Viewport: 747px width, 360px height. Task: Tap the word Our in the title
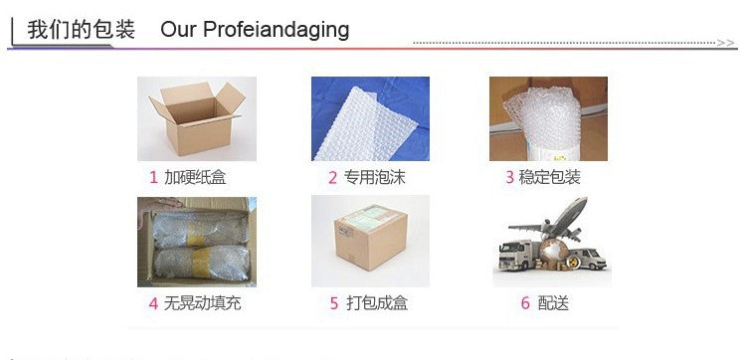(x=179, y=29)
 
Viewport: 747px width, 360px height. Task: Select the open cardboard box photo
(x=197, y=118)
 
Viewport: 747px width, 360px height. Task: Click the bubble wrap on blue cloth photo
(x=370, y=118)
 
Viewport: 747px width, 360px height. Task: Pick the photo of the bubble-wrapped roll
(x=548, y=118)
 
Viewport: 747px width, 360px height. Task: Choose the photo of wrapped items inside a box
(x=197, y=242)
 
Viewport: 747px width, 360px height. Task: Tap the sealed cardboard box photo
(x=370, y=242)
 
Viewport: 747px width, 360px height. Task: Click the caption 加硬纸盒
(x=195, y=178)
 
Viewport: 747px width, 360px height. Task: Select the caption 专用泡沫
(x=374, y=178)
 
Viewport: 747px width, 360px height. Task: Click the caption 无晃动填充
(x=202, y=303)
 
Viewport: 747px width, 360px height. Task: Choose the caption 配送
(x=553, y=303)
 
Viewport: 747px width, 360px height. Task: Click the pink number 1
(x=153, y=178)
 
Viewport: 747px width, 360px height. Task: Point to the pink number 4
(x=153, y=303)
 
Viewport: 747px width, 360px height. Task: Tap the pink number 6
(x=525, y=303)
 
